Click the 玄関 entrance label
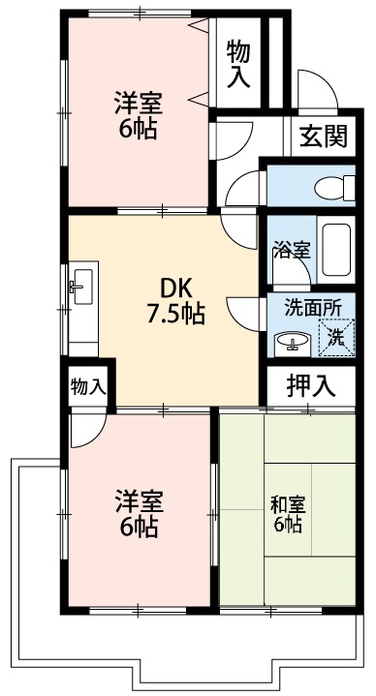pyautogui.click(x=323, y=136)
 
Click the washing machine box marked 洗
pyautogui.click(x=334, y=337)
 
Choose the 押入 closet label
pyautogui.click(x=311, y=385)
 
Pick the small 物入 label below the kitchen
pyautogui.click(x=88, y=386)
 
